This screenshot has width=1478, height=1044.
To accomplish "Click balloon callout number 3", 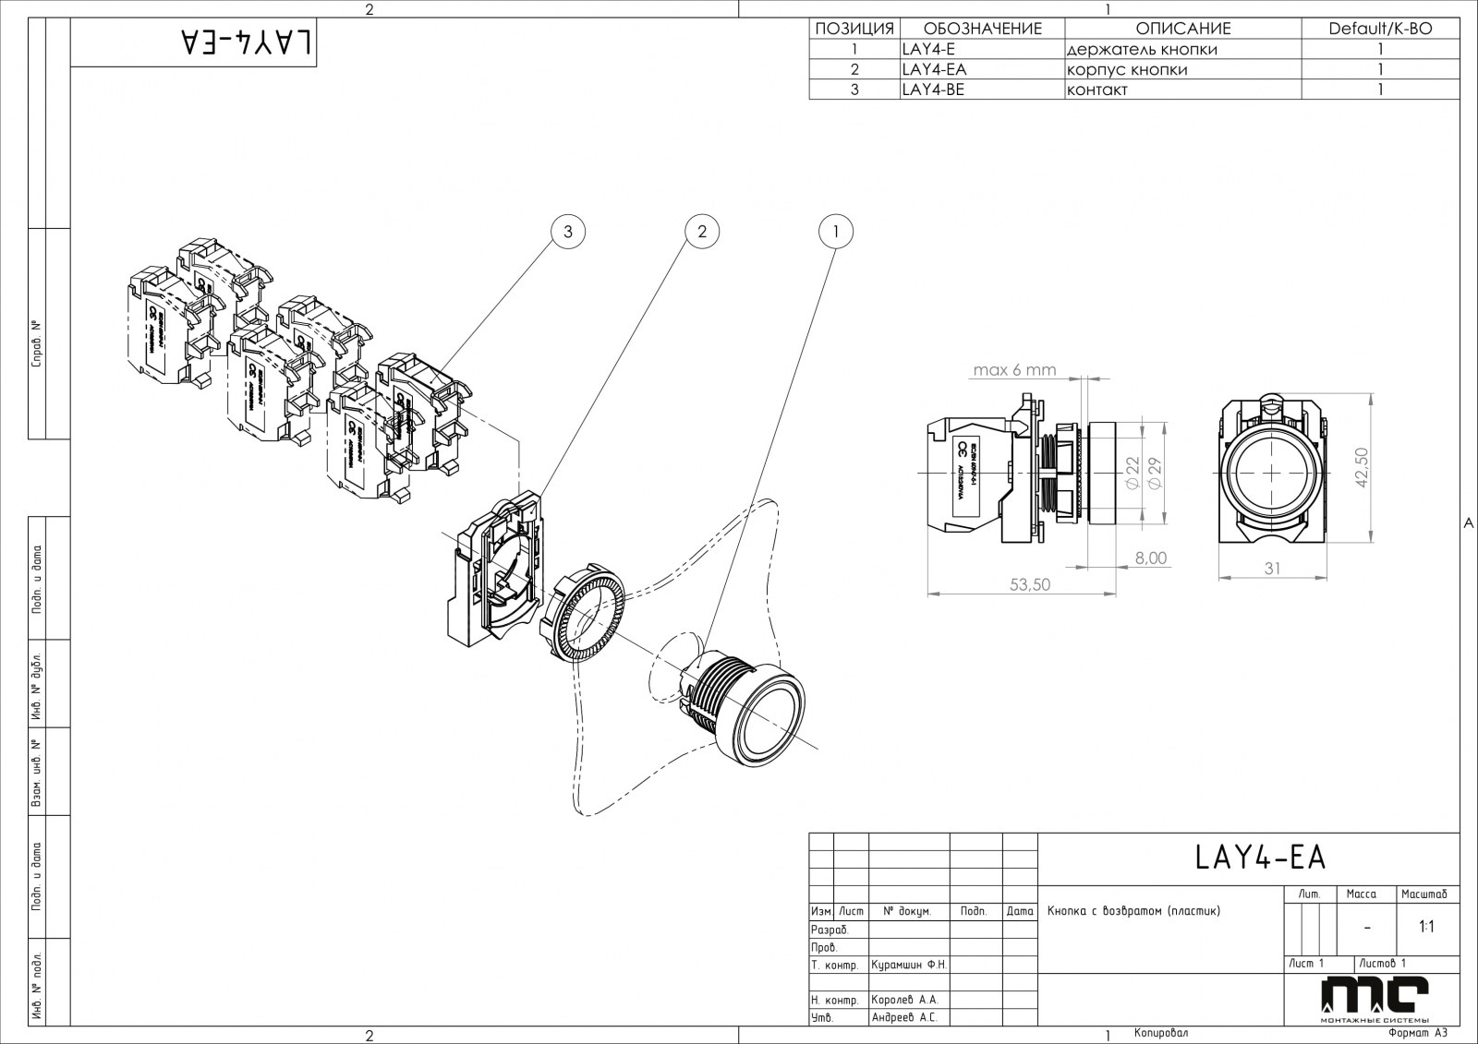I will coord(568,231).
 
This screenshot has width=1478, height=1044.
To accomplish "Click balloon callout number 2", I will coord(702,231).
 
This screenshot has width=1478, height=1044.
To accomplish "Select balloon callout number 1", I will coord(836,231).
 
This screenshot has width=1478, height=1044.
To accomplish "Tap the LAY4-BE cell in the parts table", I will coord(933,90).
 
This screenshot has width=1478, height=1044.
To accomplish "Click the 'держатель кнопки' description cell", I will coord(1142,49).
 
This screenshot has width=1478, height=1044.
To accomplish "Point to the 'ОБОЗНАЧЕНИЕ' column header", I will coord(982,29).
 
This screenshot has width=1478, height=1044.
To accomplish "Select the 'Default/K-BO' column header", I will coord(1380,29).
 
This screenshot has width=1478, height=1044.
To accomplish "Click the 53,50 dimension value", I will coord(1030,584).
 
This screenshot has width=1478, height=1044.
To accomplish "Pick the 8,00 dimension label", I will coord(1150,558).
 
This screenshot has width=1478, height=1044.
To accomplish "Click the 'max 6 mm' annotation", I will coord(1013,370).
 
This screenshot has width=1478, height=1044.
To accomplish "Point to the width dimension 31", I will coord(1272,569).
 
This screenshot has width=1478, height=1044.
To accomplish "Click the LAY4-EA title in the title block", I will coord(1260,858).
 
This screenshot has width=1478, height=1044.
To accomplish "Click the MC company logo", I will coord(1375,998).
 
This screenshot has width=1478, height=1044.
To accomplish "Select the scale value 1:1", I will coord(1426,927).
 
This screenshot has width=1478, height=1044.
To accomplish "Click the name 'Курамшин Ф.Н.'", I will coord(909,965).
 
